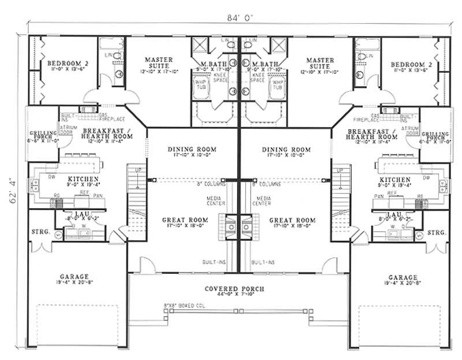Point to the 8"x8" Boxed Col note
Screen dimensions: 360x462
(182, 303)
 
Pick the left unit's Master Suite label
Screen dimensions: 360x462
(157, 60)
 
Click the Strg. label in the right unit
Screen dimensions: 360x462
(437, 232)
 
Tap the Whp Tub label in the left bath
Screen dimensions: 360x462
(200, 84)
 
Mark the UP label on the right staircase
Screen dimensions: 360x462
(340, 170)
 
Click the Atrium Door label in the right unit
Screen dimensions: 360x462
(409, 130)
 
